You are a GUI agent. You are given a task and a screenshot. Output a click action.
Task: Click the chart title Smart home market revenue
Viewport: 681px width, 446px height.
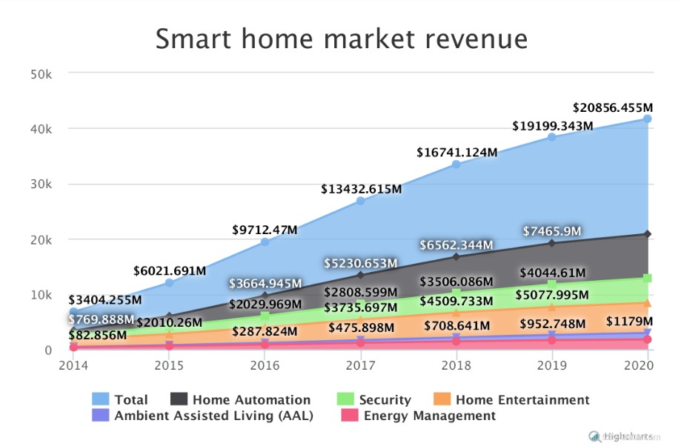[x=341, y=39]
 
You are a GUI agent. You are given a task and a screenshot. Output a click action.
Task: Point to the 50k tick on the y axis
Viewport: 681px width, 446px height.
[x=41, y=74]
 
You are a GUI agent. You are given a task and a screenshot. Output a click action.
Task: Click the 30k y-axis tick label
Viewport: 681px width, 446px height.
[x=41, y=184]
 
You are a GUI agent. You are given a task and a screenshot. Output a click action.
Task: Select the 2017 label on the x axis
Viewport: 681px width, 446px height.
[x=360, y=365]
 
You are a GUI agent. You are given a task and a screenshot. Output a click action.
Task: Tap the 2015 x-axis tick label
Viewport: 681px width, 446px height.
[x=169, y=365]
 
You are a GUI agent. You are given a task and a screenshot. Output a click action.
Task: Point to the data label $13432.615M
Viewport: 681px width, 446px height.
[x=361, y=189]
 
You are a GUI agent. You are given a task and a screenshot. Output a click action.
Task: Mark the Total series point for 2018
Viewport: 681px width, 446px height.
[x=456, y=164]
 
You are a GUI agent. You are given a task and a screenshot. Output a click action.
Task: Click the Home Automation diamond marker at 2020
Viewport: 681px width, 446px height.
[x=648, y=234]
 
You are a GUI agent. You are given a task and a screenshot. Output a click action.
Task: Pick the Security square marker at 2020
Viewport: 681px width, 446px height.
[x=648, y=279]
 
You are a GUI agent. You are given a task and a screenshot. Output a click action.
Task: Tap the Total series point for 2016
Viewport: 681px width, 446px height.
[x=265, y=242]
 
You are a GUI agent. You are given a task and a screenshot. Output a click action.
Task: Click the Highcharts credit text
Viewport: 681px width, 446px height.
[x=626, y=436]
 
